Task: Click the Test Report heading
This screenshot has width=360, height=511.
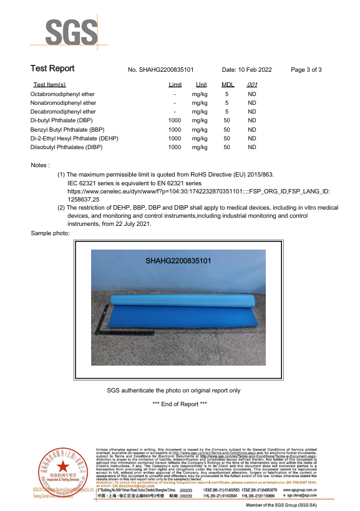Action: coord(52,69)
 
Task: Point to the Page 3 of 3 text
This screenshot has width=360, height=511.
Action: coord(306,70)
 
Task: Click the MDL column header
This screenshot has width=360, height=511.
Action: coord(228,85)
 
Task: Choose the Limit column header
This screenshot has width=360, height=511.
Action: coord(175,85)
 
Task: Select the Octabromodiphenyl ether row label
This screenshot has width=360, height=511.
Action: coord(63,94)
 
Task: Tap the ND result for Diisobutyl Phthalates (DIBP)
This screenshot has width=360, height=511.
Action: coord(252,147)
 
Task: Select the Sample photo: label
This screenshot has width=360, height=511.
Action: coord(50,233)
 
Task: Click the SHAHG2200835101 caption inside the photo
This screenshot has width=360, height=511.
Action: coord(178,261)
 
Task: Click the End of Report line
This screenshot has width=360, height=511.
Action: coord(180,404)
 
